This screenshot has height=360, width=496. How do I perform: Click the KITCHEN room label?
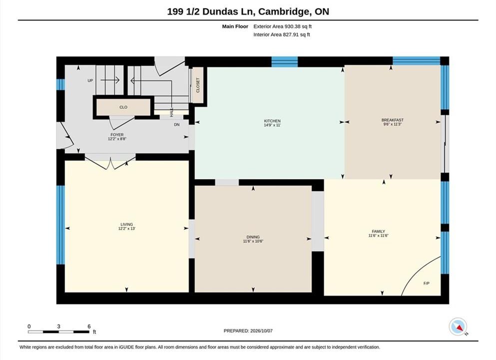[272, 121]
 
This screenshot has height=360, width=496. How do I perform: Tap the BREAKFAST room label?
[392, 120]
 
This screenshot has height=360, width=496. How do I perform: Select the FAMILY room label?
[378, 231]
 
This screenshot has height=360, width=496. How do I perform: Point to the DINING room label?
[253, 237]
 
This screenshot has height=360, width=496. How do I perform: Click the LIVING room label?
[126, 224]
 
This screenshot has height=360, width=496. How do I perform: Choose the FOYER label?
[117, 134]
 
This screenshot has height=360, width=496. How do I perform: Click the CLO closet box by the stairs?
[123, 107]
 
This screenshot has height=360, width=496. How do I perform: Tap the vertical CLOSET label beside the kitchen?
[198, 85]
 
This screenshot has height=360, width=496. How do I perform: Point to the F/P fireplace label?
[427, 283]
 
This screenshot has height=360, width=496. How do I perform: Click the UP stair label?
[90, 80]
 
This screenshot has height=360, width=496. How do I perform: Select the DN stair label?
[177, 124]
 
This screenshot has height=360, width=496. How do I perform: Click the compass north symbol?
[458, 327]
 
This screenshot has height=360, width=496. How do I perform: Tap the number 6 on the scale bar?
[89, 326]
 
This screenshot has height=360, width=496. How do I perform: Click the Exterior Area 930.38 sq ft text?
[283, 26]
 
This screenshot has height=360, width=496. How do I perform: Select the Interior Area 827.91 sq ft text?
[282, 34]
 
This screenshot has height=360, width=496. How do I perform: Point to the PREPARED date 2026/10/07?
[261, 331]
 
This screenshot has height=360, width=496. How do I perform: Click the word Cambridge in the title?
[284, 11]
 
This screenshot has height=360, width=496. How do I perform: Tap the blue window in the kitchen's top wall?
[285, 61]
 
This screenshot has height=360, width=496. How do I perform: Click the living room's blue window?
[61, 225]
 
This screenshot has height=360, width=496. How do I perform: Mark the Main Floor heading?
[235, 26]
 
